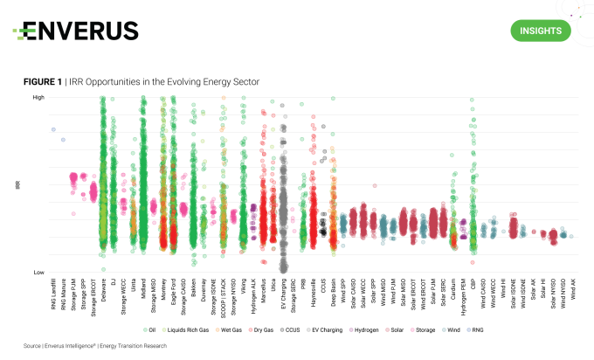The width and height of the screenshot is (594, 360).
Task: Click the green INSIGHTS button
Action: pos(540,31)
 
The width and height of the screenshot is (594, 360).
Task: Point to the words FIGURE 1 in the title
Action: pos(41,81)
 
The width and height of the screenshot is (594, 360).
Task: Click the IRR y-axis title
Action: pos(17,185)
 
